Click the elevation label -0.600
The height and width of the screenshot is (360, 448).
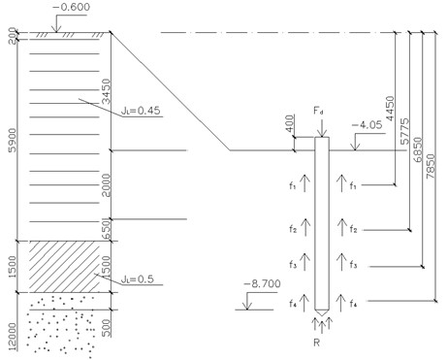pyautogui.click(x=71, y=7)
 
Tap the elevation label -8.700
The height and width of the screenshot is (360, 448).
pyautogui.click(x=262, y=283)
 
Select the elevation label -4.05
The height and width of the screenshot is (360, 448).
pyautogui.click(x=368, y=124)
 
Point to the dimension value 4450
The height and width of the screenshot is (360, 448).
pyautogui.click(x=390, y=109)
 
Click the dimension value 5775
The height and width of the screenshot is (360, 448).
pyautogui.click(x=404, y=131)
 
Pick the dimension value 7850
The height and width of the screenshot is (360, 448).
pyautogui.click(x=431, y=167)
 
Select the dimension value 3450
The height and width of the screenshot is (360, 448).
pyautogui.click(x=106, y=91)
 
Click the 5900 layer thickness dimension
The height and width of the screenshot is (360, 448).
pyautogui.click(x=12, y=140)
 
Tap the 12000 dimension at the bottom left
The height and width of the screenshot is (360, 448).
pyautogui.click(x=12, y=337)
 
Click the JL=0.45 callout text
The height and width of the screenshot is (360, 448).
pyautogui.click(x=141, y=111)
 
